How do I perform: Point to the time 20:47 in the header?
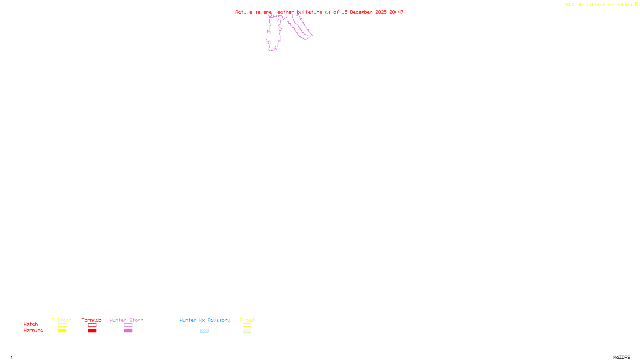click(x=396, y=12)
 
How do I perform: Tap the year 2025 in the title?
click(x=381, y=12)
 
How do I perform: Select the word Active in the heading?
click(x=244, y=12)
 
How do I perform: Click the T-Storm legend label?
click(x=62, y=320)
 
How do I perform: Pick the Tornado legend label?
click(x=92, y=320)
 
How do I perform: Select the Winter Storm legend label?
click(x=126, y=320)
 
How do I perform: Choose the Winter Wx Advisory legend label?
click(x=205, y=320)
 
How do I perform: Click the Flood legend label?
click(x=247, y=320)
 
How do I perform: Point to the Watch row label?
click(x=31, y=324)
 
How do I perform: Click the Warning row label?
click(x=34, y=330)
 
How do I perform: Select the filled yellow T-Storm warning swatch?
click(x=62, y=331)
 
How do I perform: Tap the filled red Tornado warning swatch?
click(x=92, y=331)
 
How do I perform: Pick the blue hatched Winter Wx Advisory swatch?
click(x=204, y=331)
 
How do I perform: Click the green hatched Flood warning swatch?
click(x=247, y=331)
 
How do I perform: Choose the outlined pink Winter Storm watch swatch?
click(x=128, y=325)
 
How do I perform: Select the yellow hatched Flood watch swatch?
click(x=247, y=325)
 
